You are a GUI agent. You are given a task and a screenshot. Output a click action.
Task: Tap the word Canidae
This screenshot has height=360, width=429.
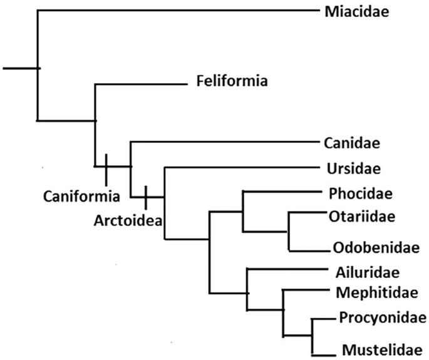[x=353, y=143]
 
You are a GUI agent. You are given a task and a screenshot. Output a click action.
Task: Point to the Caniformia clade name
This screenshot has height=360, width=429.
[x=81, y=196]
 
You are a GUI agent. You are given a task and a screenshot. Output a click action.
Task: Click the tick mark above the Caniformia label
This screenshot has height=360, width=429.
[x=106, y=166]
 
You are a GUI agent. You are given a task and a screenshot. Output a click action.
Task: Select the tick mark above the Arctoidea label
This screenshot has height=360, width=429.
[x=145, y=197]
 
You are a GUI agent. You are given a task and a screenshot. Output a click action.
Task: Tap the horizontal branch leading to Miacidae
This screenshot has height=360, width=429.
[x=175, y=10]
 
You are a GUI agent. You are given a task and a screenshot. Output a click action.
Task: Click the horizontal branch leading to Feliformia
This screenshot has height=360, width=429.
[x=141, y=84]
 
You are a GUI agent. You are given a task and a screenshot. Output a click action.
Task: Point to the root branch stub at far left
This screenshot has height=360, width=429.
[x=19, y=67]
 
